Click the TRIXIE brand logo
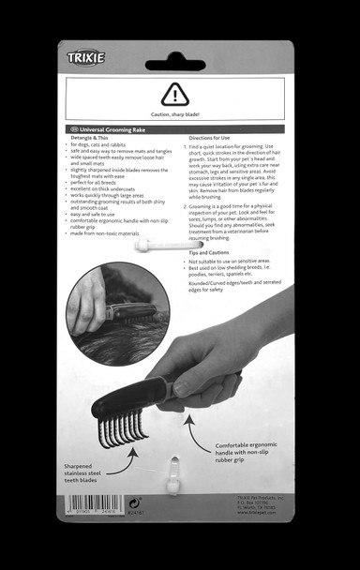[x=85, y=59]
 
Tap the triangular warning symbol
[x=174, y=94]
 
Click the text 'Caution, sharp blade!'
[x=174, y=114]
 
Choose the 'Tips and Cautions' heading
[x=210, y=252]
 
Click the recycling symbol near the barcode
[x=131, y=502]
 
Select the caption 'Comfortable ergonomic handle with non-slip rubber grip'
[x=247, y=454]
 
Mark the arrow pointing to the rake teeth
[x=130, y=454]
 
